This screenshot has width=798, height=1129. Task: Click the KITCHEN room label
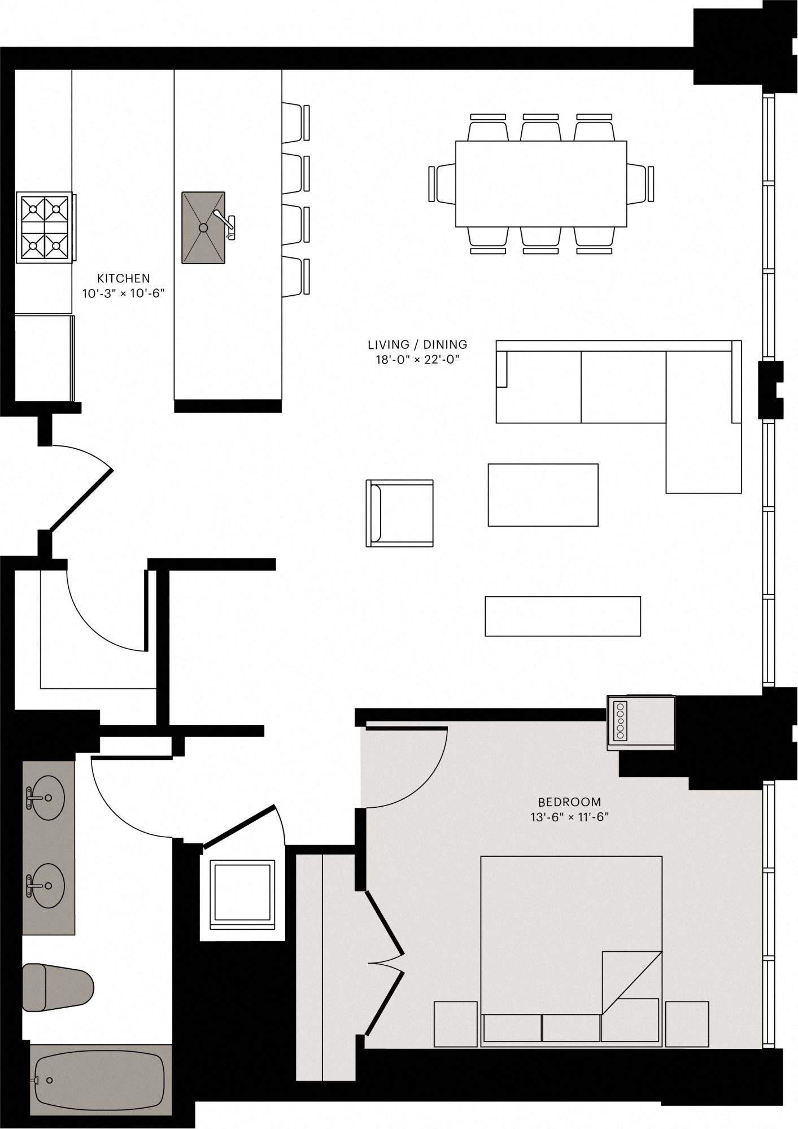(x=123, y=278)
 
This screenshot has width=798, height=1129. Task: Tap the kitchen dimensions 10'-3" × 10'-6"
(x=123, y=294)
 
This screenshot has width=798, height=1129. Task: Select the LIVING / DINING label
(x=417, y=344)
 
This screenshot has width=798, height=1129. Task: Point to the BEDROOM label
(x=569, y=802)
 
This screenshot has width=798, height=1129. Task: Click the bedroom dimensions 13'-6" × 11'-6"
(x=569, y=817)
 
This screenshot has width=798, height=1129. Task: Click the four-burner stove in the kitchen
(x=46, y=227)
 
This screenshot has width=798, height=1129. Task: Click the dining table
(x=541, y=183)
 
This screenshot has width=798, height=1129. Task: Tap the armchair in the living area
(x=400, y=513)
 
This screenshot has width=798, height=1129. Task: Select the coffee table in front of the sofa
(x=543, y=495)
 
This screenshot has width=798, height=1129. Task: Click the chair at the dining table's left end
(x=442, y=183)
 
